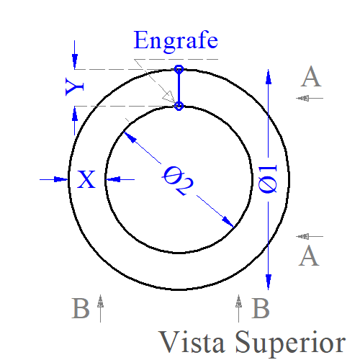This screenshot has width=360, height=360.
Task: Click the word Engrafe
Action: click(176, 41)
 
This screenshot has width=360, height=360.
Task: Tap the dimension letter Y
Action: click(75, 86)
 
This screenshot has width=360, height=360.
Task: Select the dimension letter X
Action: click(86, 179)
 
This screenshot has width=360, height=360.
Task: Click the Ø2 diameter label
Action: click(178, 181)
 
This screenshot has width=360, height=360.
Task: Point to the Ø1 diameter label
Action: click(268, 179)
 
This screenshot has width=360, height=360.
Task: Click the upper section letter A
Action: click(311, 76)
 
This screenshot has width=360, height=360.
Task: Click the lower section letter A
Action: click(309, 256)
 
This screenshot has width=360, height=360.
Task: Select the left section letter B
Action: click(81, 308)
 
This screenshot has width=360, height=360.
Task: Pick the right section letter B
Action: click(261, 308)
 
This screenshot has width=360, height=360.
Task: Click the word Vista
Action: click(192, 342)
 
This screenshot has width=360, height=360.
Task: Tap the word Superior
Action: click(290, 343)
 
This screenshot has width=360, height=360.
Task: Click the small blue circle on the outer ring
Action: click(179, 69)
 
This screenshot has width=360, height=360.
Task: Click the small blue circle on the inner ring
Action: click(179, 106)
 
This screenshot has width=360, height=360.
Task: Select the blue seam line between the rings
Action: click(179, 88)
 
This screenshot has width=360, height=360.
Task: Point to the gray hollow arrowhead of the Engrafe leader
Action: click(169, 97)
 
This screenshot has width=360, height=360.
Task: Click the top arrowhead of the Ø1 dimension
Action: click(269, 77)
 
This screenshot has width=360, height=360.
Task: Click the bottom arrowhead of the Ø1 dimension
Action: click(269, 282)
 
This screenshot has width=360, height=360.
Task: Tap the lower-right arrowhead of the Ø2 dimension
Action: click(228, 222)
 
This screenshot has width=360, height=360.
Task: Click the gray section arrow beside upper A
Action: click(310, 98)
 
